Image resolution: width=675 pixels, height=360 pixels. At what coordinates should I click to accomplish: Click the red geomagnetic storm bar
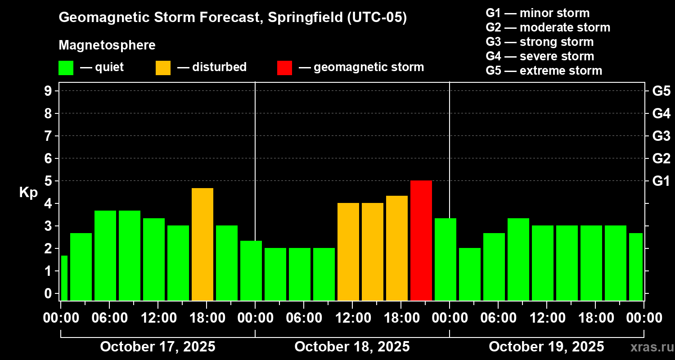(421, 240)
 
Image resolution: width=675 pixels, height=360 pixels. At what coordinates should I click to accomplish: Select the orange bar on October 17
(202, 244)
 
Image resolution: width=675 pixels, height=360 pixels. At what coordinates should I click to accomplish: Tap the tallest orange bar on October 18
(397, 248)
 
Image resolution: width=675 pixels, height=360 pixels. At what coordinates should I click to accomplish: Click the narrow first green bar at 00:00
(64, 278)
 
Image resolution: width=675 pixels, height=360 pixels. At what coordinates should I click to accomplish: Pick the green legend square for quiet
(66, 68)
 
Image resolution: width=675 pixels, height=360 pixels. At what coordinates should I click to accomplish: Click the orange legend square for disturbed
(163, 68)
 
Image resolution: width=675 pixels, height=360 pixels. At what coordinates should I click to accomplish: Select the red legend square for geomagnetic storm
(284, 68)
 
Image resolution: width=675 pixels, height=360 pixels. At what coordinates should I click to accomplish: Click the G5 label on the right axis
(661, 91)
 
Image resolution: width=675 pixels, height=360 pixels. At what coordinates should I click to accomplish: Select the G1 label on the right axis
(661, 181)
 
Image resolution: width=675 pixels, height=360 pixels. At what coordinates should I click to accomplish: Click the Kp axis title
(28, 193)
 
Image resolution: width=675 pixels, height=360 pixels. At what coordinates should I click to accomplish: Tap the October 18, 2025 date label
(352, 346)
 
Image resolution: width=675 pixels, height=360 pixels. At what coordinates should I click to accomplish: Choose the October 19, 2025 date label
(546, 346)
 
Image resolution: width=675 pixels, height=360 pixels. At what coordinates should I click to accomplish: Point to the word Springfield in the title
(305, 18)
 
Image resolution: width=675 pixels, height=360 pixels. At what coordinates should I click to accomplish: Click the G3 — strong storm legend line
(540, 42)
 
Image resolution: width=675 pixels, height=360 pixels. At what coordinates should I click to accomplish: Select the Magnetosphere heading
(107, 45)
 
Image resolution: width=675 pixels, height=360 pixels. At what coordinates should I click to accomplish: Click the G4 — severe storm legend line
(540, 56)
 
